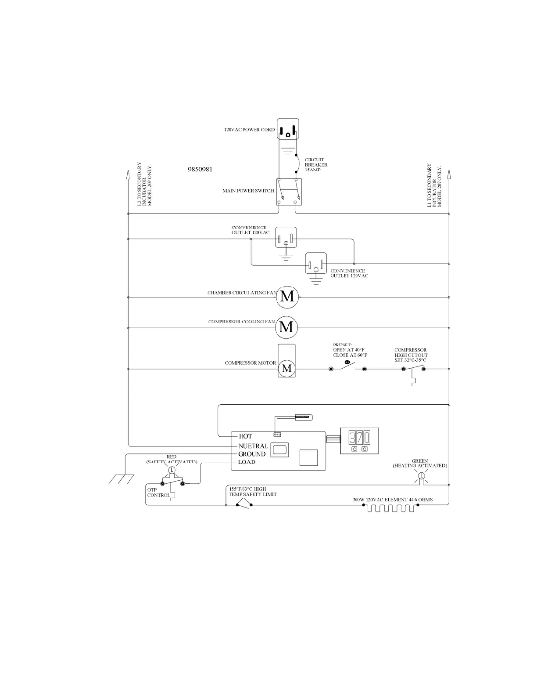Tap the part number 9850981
200,169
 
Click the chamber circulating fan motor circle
287,297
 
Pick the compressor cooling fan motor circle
286,327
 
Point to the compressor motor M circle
287,369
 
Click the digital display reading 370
359,437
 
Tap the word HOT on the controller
245,436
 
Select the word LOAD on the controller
247,462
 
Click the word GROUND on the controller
252,454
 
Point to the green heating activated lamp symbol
421,476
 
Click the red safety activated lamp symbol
172,470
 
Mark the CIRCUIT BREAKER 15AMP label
316,165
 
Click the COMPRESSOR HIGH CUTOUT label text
411,355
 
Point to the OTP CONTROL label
158,493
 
